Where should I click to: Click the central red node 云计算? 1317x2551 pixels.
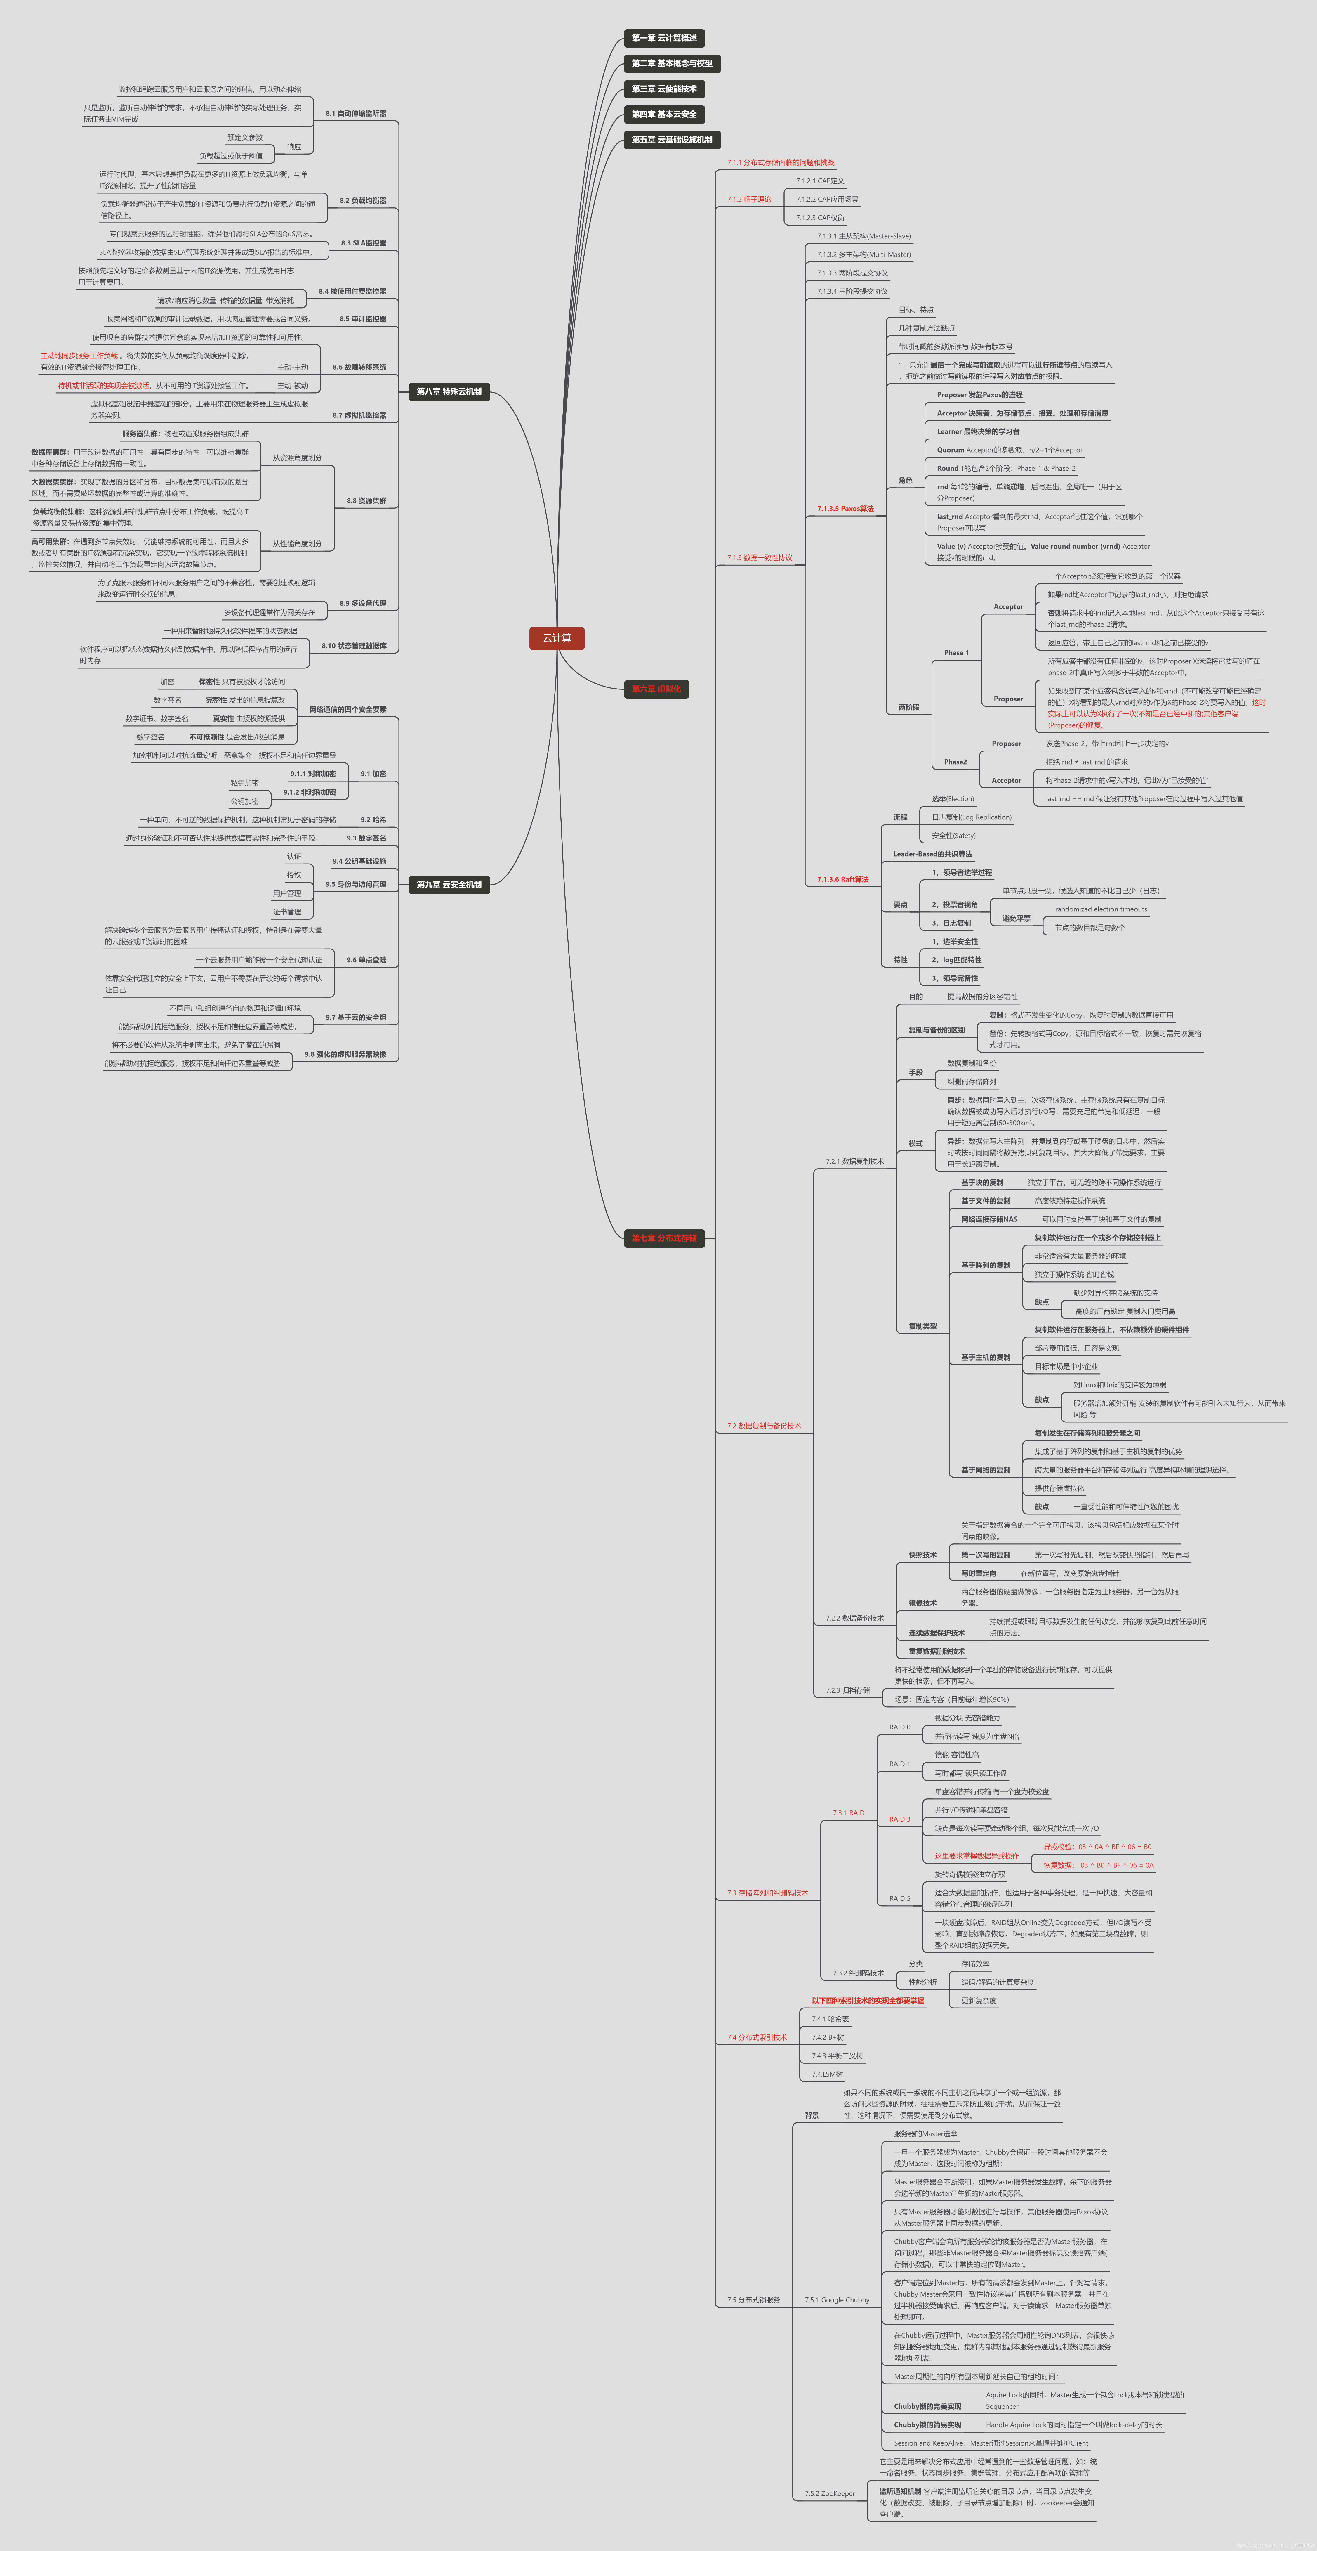(x=557, y=638)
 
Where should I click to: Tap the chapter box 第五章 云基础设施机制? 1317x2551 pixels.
(x=671, y=140)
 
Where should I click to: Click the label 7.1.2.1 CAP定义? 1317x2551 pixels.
(x=820, y=181)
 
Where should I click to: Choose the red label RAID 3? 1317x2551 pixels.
(x=899, y=1819)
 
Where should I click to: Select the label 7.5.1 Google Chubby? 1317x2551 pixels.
(x=837, y=2299)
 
